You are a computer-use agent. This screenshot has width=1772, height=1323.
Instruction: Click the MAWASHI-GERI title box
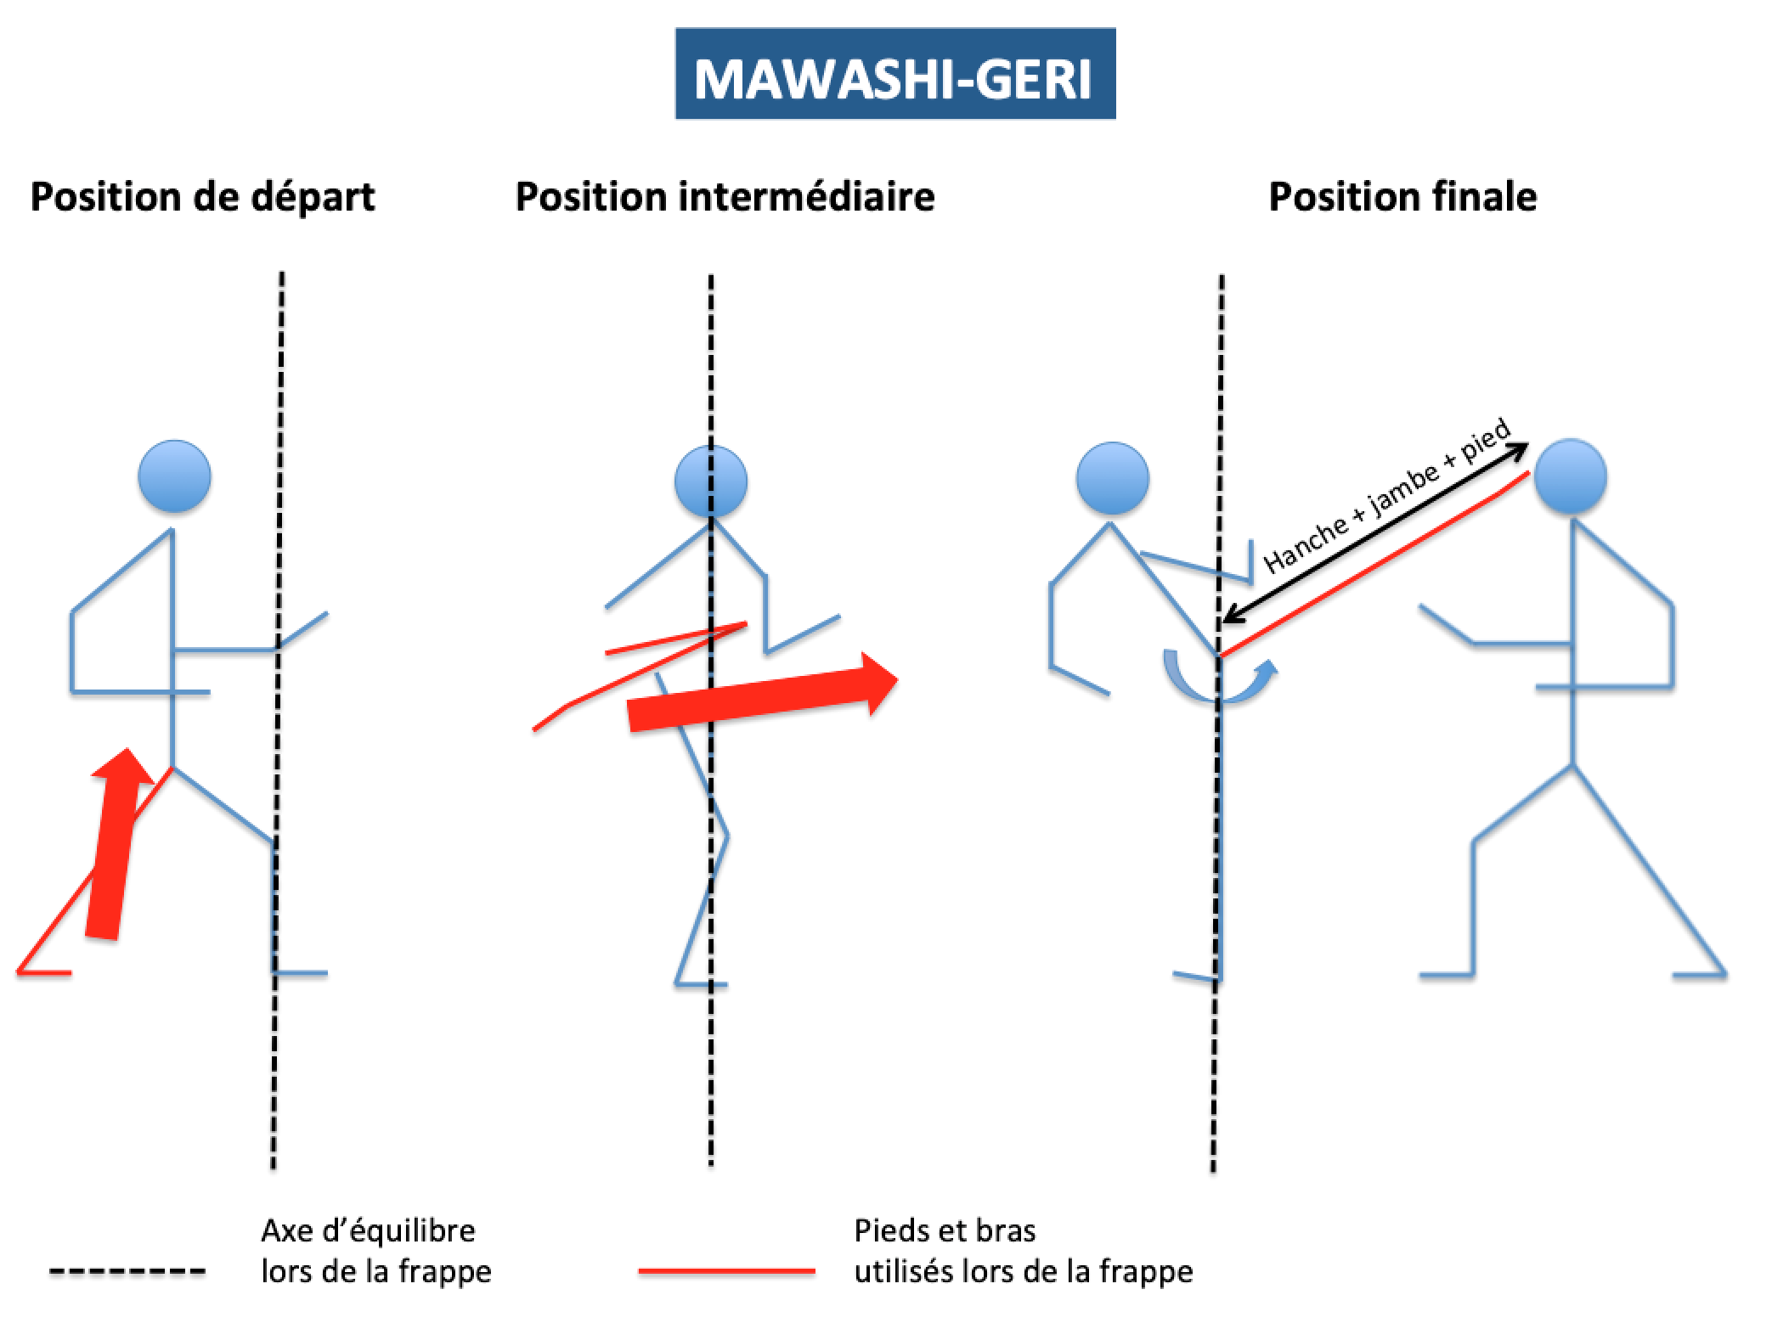[894, 74]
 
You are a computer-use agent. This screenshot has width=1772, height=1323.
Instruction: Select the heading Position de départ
[202, 197]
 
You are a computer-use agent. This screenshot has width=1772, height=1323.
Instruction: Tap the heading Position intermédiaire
[725, 197]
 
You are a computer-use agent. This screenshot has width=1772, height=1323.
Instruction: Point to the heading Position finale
[1402, 197]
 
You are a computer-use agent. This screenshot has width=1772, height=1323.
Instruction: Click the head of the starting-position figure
[175, 476]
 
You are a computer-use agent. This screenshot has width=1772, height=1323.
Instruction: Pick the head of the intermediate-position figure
[711, 481]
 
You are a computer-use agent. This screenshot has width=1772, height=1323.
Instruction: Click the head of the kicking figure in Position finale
[1112, 478]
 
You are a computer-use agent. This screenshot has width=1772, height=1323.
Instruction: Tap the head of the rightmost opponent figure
[1571, 476]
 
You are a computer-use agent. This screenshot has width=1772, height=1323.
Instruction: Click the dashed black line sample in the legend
[127, 1271]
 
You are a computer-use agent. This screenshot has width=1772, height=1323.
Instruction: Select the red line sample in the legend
[726, 1271]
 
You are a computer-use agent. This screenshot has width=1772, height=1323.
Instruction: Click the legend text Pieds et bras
[945, 1230]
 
